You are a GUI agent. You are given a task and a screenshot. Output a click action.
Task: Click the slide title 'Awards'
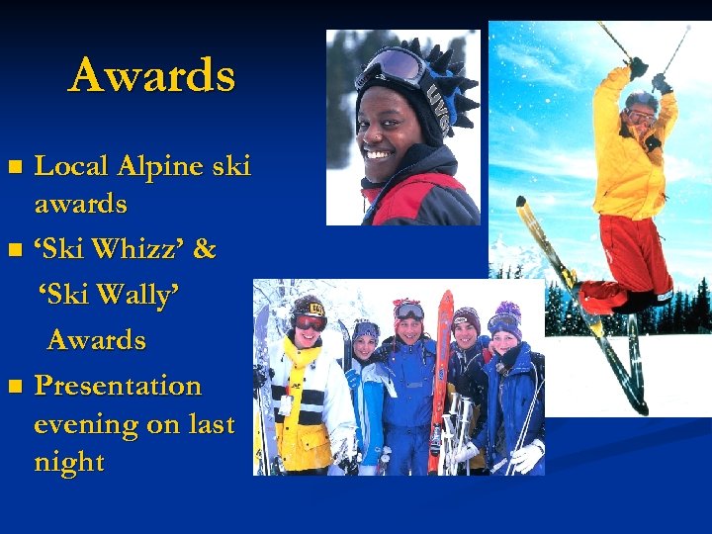(x=152, y=75)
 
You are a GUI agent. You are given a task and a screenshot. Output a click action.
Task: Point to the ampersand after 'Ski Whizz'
(x=205, y=249)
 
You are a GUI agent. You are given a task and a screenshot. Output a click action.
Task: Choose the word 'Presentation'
(x=118, y=385)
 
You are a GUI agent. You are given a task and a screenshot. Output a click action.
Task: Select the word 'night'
(x=69, y=463)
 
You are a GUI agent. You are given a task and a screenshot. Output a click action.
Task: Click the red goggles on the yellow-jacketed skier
(x=310, y=321)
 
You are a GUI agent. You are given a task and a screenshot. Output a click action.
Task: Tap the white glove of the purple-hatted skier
(x=527, y=456)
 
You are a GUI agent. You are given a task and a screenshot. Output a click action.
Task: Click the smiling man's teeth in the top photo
(x=380, y=153)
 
